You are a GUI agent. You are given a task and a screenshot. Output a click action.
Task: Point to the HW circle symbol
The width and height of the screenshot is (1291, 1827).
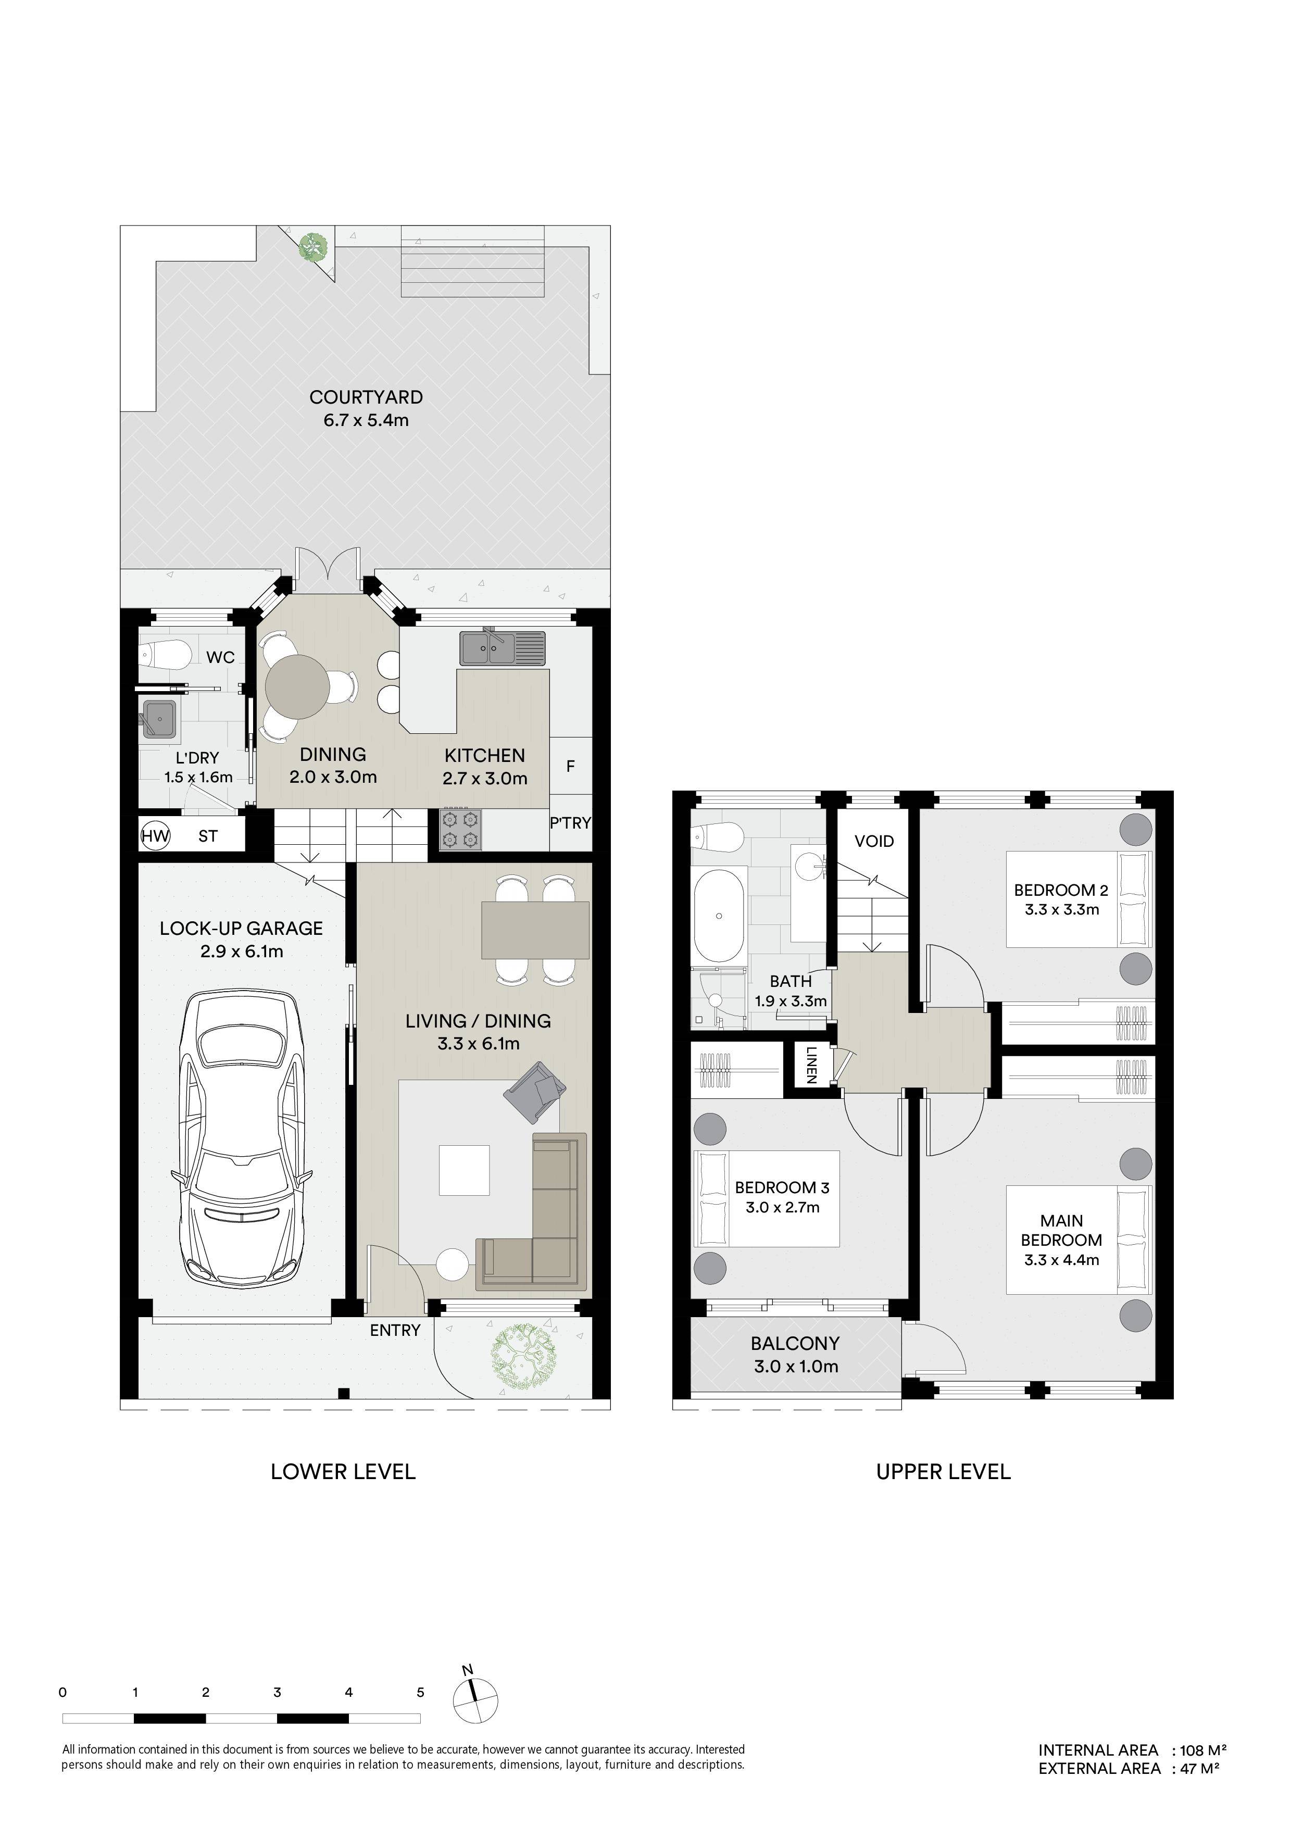click(155, 836)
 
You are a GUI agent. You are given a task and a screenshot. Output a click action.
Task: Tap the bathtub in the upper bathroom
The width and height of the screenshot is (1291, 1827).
click(719, 917)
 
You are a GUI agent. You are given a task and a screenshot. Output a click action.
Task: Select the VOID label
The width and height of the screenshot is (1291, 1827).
click(874, 841)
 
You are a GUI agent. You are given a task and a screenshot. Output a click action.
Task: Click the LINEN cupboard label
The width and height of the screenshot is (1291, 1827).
click(810, 1065)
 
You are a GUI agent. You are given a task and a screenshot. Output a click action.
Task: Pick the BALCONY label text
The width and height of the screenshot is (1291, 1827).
click(795, 1343)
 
